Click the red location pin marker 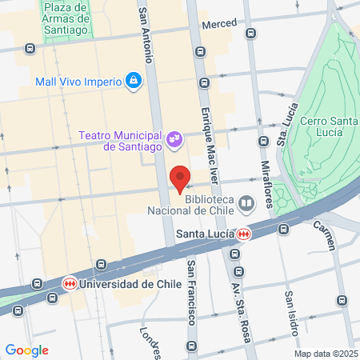[x=180, y=178]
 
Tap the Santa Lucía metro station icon [x=243, y=234]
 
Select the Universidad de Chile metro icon [x=70, y=284]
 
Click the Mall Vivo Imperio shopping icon [x=132, y=81]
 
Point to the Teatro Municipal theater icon [x=173, y=142]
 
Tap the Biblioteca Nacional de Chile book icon [x=246, y=204]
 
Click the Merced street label [x=219, y=25]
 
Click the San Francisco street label [x=191, y=292]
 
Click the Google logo [x=26, y=350]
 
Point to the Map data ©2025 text [x=326, y=353]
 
